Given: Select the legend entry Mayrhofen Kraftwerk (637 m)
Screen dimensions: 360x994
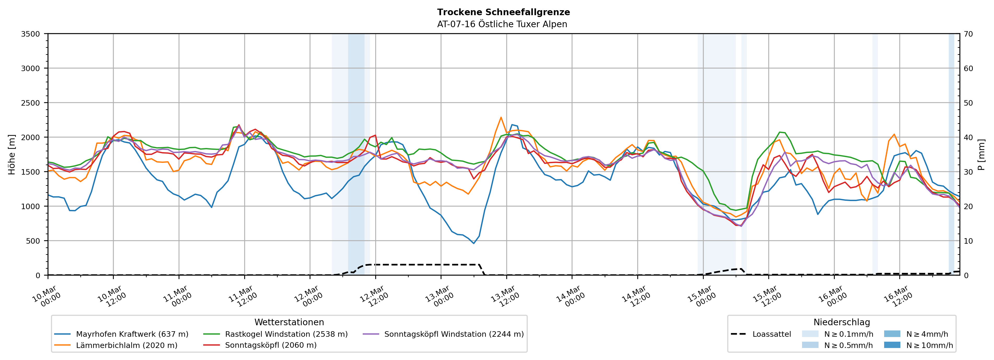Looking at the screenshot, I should (x=132, y=334).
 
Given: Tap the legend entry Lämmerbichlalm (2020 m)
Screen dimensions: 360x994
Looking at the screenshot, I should (x=127, y=345).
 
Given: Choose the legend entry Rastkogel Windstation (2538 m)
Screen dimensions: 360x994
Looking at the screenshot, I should (x=286, y=334).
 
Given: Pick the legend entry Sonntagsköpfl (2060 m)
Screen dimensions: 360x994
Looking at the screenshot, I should (x=270, y=345).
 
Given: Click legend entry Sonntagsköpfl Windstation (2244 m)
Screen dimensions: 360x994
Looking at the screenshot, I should (x=454, y=334).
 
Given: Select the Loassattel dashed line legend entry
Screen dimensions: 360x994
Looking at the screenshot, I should (x=771, y=334).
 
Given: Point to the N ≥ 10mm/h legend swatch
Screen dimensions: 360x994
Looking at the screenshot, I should (x=892, y=345).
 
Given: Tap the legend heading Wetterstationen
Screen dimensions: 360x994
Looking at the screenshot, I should (x=289, y=322).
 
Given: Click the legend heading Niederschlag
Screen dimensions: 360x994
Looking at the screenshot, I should (x=842, y=322).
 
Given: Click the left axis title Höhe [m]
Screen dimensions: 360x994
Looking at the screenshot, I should (x=12, y=154).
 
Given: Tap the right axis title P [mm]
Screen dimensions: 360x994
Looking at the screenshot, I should (x=981, y=154).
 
